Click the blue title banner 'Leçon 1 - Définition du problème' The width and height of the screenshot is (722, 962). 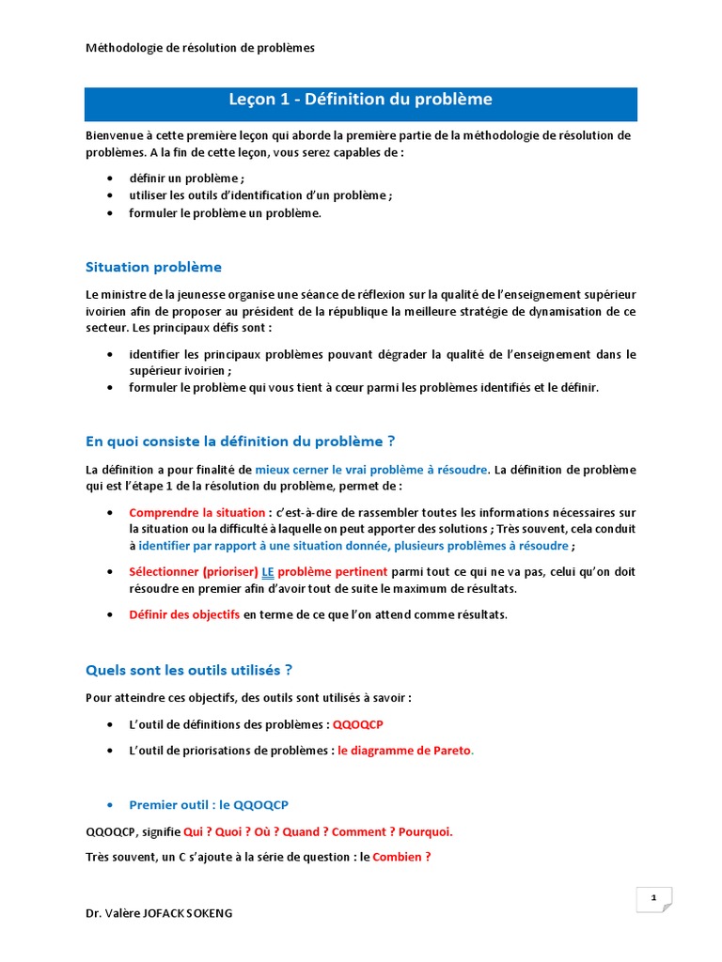(x=361, y=101)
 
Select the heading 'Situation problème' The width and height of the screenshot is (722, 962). (x=153, y=267)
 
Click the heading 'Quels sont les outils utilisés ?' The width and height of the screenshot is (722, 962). (x=189, y=670)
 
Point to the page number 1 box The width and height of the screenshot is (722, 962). (x=653, y=899)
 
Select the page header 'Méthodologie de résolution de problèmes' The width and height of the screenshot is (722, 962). (x=200, y=47)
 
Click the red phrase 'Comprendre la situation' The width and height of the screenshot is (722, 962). (x=196, y=512)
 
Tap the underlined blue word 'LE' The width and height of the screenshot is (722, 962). (x=268, y=571)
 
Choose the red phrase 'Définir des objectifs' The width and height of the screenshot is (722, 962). (x=185, y=614)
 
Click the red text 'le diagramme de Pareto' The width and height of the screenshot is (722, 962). (x=404, y=751)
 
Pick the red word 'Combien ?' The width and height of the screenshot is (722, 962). (x=401, y=857)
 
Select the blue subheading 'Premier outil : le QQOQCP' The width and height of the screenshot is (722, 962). (x=209, y=805)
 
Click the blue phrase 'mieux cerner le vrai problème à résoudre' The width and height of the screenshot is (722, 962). (x=371, y=469)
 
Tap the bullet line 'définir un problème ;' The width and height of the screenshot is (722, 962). (x=186, y=178)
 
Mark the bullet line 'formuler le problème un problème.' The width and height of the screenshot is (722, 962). (x=225, y=213)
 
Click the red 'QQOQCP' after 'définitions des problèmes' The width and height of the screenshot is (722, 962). (x=358, y=724)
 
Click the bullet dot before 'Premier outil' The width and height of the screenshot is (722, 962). (x=110, y=805)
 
